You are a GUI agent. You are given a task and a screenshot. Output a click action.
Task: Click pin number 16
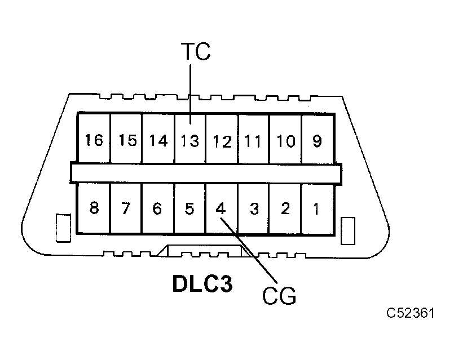coord(94,140)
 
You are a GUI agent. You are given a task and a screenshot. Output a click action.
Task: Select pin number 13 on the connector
coord(190,140)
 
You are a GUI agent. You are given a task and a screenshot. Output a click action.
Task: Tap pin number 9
coord(317,140)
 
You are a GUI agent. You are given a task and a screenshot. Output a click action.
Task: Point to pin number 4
coord(221,208)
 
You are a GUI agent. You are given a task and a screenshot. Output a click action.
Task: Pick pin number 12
coord(222,140)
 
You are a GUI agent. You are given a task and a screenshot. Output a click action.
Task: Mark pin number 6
coord(157,208)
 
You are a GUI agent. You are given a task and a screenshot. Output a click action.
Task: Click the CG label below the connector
coord(279,295)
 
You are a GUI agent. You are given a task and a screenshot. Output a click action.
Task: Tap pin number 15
coord(127,140)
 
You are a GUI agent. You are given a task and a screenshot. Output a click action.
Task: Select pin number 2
coord(285,208)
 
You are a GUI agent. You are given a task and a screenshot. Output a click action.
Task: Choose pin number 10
coord(285,140)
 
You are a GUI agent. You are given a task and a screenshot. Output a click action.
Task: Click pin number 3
coord(254,208)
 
